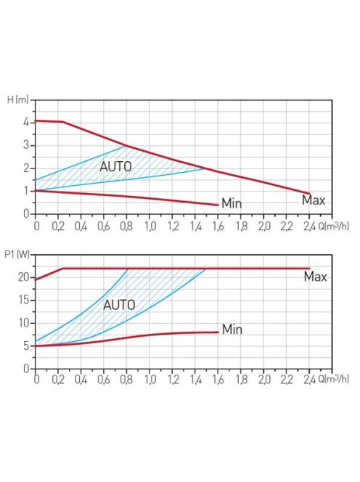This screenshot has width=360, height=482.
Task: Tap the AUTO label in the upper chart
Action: (x=115, y=166)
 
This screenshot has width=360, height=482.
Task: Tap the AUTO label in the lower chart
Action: (x=119, y=305)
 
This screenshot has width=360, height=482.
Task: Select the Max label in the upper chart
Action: (x=314, y=200)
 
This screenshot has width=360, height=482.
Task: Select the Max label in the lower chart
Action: (x=315, y=277)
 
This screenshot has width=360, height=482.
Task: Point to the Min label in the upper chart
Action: (x=231, y=204)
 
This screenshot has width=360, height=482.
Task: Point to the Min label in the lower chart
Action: (x=232, y=330)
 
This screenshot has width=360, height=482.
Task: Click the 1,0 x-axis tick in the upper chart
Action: (x=150, y=226)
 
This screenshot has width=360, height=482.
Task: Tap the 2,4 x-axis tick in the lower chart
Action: (x=309, y=380)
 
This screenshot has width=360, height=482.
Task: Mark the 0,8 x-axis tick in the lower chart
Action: (x=127, y=380)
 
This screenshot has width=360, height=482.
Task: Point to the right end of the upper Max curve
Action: (x=310, y=194)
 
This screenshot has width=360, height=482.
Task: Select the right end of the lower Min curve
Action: (x=218, y=332)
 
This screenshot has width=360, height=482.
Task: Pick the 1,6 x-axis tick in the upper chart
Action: (x=218, y=226)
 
